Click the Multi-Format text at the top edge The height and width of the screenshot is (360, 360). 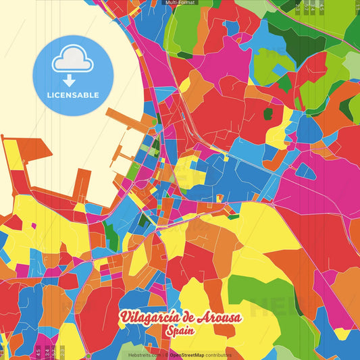tap(179, 3)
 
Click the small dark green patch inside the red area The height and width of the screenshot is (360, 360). tap(267, 113)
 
